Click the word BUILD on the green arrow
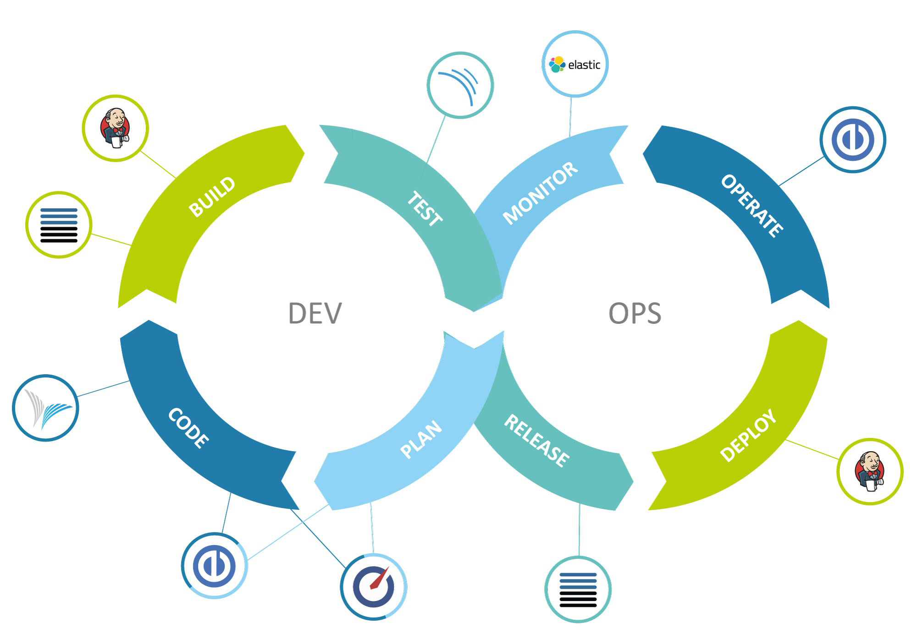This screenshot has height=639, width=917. pyautogui.click(x=212, y=197)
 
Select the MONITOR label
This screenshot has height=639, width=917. pyautogui.click(x=540, y=193)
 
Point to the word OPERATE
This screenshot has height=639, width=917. pyautogui.click(x=752, y=206)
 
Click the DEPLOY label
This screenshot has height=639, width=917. pyautogui.click(x=748, y=435)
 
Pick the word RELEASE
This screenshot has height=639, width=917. pyautogui.click(x=537, y=441)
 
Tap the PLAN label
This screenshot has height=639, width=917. pyautogui.click(x=421, y=439)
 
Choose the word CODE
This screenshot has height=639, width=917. pyautogui.click(x=188, y=428)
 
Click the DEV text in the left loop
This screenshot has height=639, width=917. pyautogui.click(x=315, y=313)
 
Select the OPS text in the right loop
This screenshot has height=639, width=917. pyautogui.click(x=635, y=313)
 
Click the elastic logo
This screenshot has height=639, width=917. pyautogui.click(x=575, y=65)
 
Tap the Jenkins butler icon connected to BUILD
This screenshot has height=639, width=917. pyautogui.click(x=115, y=128)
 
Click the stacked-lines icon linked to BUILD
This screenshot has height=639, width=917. pyautogui.click(x=59, y=225)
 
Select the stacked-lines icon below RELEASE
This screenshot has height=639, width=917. pyautogui.click(x=578, y=590)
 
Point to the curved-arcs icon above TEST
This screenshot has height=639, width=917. pyautogui.click(x=460, y=85)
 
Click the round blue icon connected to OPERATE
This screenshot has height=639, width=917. pyautogui.click(x=853, y=140)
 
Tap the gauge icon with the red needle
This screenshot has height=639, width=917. pyautogui.click(x=374, y=587)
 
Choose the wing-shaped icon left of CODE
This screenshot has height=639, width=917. pyautogui.click(x=45, y=408)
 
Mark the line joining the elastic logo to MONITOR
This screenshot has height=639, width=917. pyautogui.click(x=570, y=117)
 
